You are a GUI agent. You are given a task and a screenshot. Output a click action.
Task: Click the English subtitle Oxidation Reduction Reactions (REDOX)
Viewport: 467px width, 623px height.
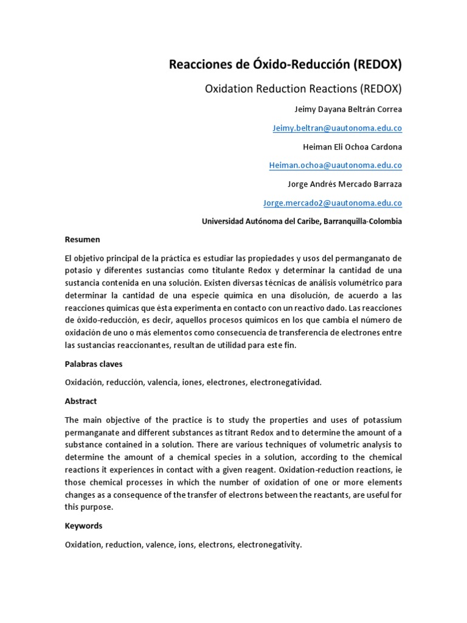pyautogui.click(x=303, y=89)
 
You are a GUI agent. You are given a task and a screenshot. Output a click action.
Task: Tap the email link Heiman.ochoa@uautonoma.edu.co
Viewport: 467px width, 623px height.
pyautogui.click(x=335, y=165)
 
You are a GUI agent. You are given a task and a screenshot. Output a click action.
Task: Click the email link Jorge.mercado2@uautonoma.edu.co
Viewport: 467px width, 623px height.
pyautogui.click(x=332, y=203)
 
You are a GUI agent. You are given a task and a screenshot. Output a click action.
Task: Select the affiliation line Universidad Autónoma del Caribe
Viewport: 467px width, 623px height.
pyautogui.click(x=302, y=221)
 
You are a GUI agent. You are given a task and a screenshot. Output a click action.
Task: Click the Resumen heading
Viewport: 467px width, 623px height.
pyautogui.click(x=82, y=240)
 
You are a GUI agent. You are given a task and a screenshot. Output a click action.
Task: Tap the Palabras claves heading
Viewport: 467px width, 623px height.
pyautogui.click(x=94, y=364)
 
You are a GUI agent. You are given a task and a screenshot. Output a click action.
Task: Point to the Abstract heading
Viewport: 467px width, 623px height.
pyautogui.click(x=81, y=402)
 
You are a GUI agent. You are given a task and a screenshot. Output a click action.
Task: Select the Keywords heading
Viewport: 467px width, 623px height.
pyautogui.click(x=84, y=526)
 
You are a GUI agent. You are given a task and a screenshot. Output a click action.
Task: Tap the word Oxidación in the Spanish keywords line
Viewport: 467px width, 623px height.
pyautogui.click(x=84, y=383)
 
